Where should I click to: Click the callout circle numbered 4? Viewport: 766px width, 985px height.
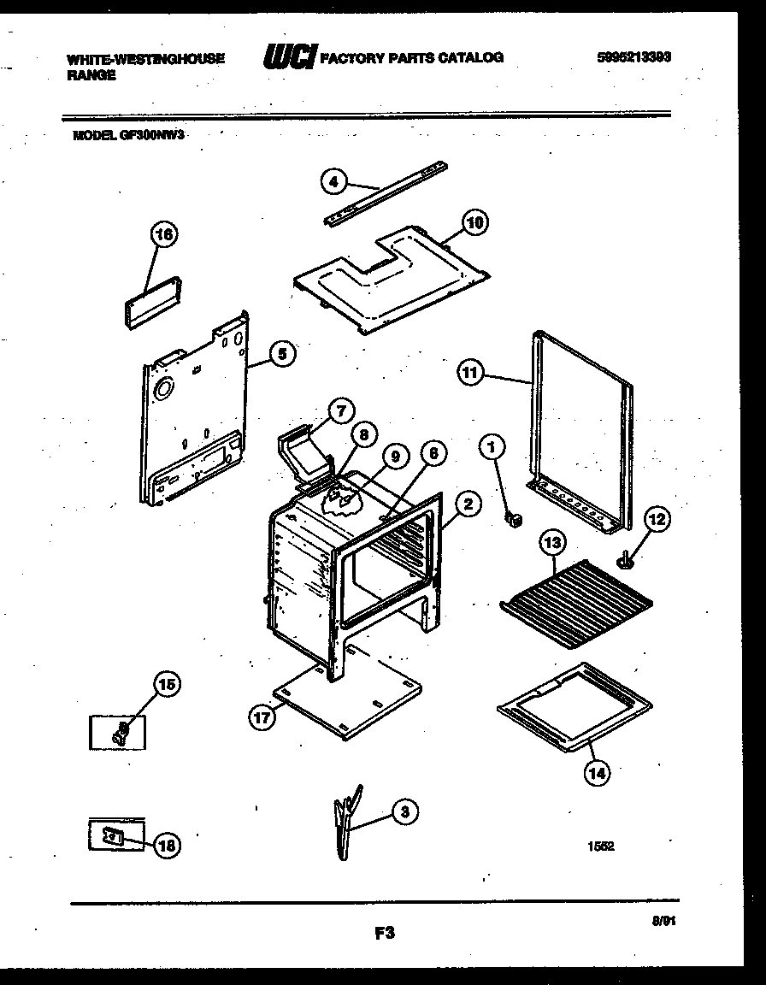pos(334,181)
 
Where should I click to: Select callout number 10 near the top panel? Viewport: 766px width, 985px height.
pos(475,223)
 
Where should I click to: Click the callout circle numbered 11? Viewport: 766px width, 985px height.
pos(471,373)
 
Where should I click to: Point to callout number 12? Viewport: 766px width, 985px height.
pos(658,519)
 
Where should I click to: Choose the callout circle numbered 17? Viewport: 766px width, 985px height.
pos(262,718)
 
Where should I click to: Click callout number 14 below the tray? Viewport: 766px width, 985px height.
pos(597,774)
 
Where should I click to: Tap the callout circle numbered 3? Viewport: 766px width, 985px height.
pos(404,812)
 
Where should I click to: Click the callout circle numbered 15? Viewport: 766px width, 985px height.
pos(167,683)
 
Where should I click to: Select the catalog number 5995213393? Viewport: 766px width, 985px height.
pos(633,57)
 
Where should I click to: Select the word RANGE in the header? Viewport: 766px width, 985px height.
pos(91,74)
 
